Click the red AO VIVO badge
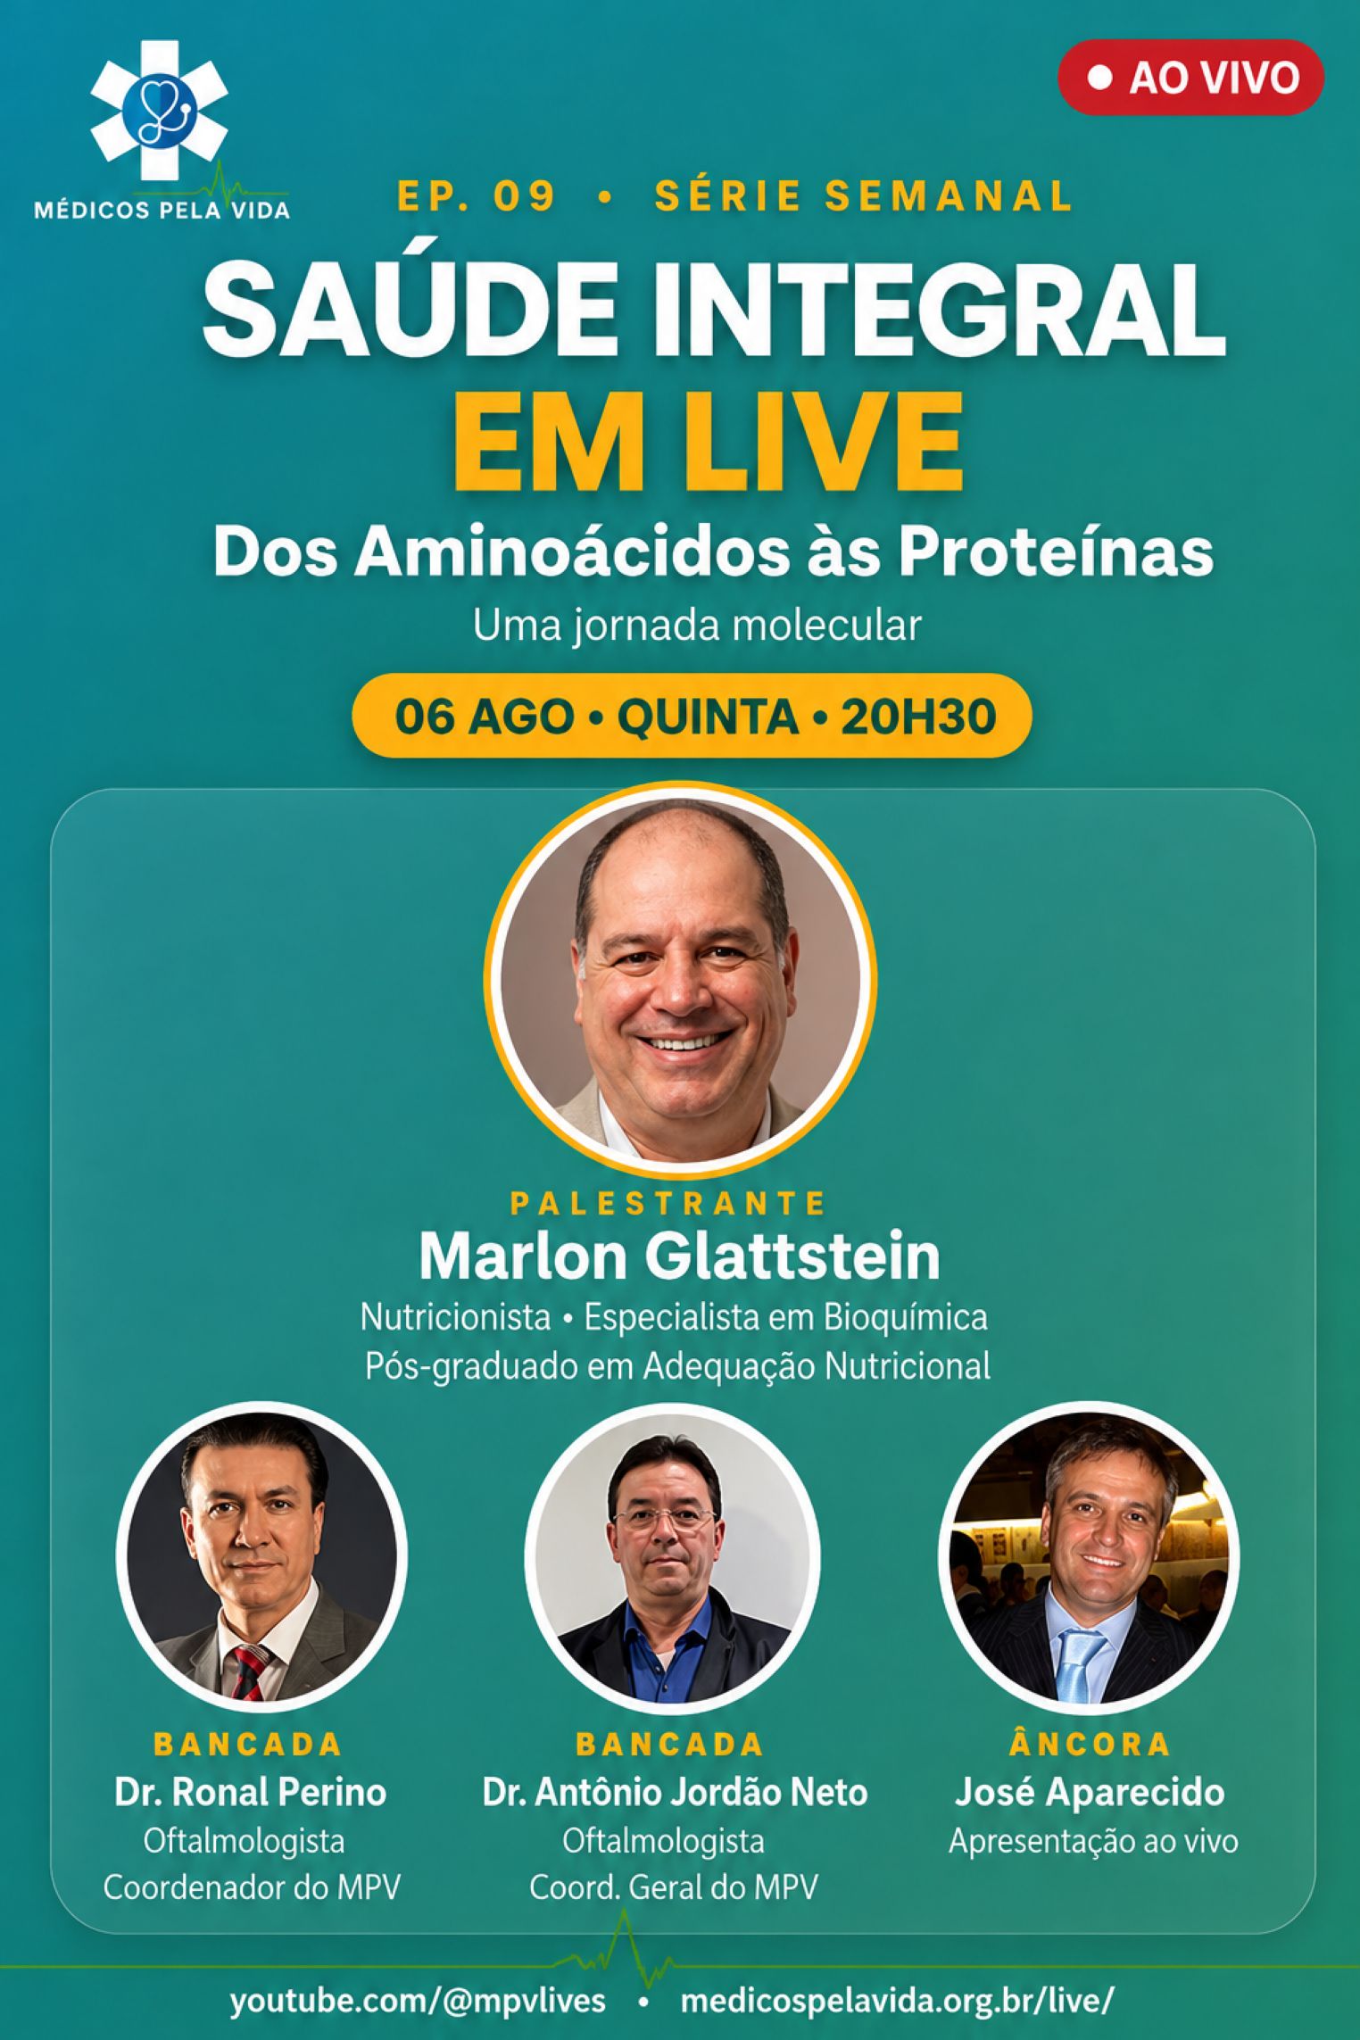coord(1190,78)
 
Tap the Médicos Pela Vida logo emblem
coord(159,112)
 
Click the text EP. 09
coord(477,195)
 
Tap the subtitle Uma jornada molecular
coord(696,626)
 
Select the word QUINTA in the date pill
coord(708,716)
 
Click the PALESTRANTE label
coord(668,1204)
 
